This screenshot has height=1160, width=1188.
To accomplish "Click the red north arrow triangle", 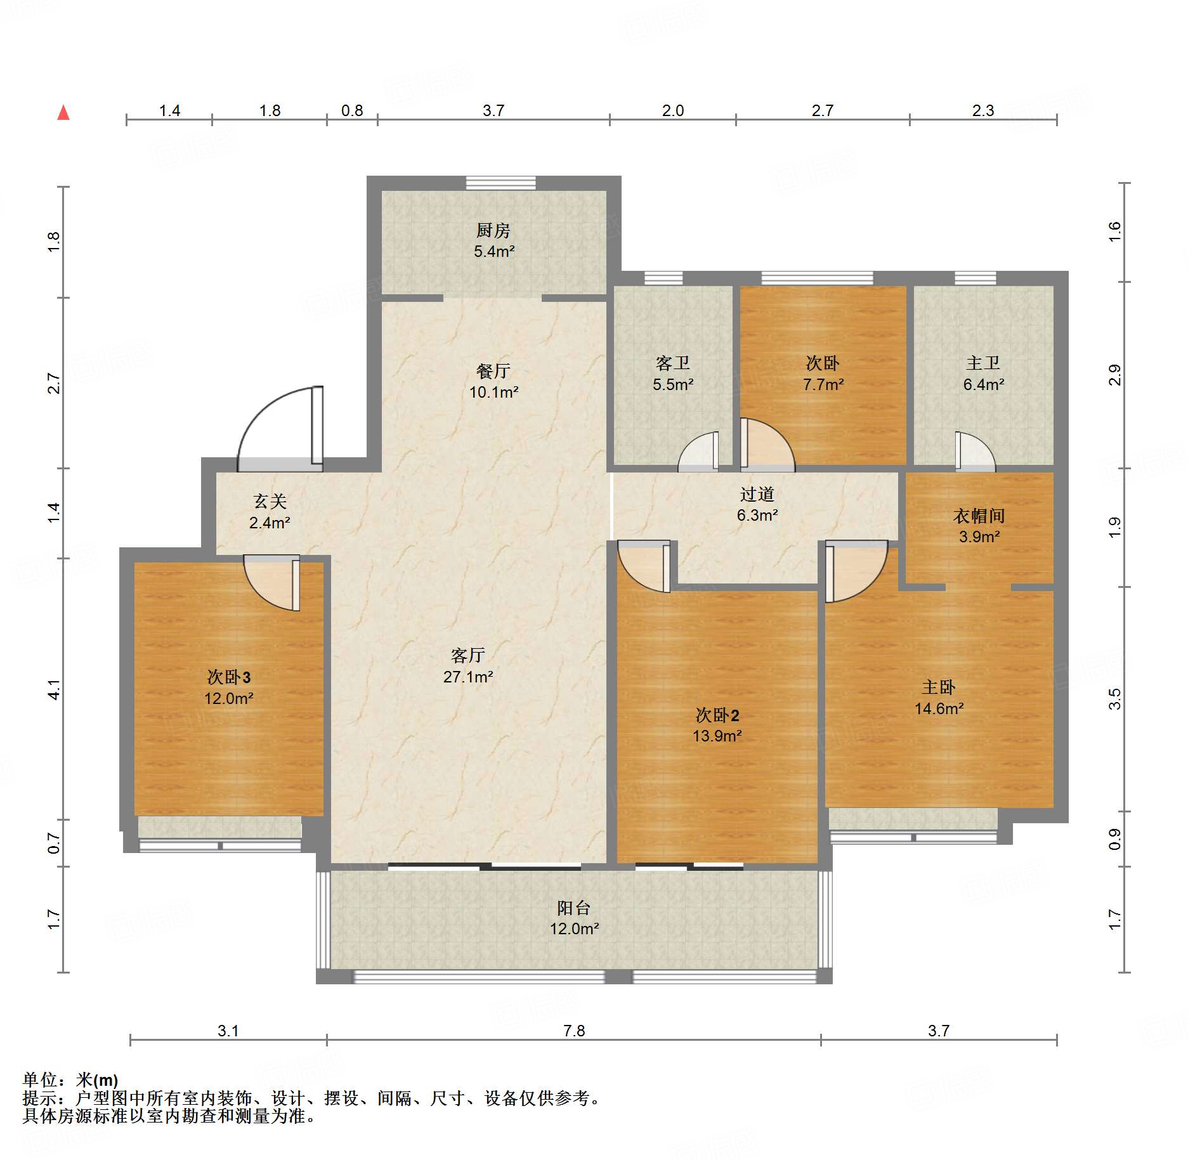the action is pyautogui.click(x=63, y=113).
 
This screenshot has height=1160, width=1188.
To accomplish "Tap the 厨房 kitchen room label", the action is pyautogui.click(x=493, y=230).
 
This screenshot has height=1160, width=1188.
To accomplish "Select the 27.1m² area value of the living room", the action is pyautogui.click(x=468, y=677).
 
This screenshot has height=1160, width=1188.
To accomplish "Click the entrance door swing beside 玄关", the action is pyautogui.click(x=280, y=429).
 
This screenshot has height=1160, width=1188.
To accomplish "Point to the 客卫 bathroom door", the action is pyautogui.click(x=698, y=452).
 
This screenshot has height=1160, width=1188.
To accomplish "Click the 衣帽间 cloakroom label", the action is pyautogui.click(x=979, y=516).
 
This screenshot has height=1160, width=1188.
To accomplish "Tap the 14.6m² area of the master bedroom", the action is pyautogui.click(x=939, y=708).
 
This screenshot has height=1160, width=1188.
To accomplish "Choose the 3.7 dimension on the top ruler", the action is pyautogui.click(x=493, y=110).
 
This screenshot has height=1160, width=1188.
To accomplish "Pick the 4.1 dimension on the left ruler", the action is pyautogui.click(x=54, y=689).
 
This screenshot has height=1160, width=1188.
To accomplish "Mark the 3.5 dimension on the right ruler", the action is pyautogui.click(x=1114, y=699).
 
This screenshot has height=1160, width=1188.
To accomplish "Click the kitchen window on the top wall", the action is pyautogui.click(x=500, y=183).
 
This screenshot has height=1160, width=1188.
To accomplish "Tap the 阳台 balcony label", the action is pyautogui.click(x=574, y=908).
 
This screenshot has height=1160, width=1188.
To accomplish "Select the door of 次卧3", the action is pyautogui.click(x=271, y=583).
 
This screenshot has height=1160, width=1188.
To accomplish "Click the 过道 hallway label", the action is pyautogui.click(x=757, y=494).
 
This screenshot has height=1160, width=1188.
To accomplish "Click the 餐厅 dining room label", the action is pyautogui.click(x=493, y=371).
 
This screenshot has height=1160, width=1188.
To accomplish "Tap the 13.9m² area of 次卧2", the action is pyautogui.click(x=717, y=736).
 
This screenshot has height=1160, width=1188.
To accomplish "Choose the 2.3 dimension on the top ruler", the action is pyautogui.click(x=983, y=110).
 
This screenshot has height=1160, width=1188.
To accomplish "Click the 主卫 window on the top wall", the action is pyautogui.click(x=976, y=278).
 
